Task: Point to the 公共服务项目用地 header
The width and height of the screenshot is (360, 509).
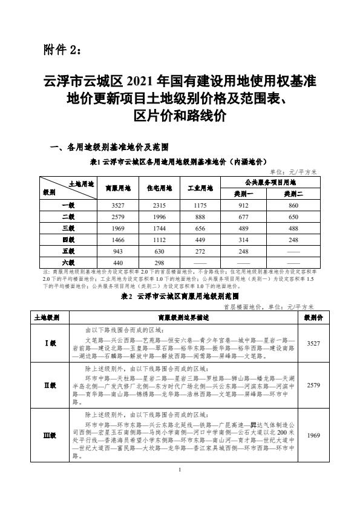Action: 269,182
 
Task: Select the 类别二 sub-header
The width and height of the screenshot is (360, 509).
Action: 293,194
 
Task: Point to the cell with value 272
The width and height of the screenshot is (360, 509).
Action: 200,251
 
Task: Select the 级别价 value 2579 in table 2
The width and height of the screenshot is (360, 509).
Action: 313,384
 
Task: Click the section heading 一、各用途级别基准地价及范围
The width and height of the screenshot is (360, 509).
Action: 108,147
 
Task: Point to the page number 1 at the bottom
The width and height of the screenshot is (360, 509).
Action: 180,488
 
